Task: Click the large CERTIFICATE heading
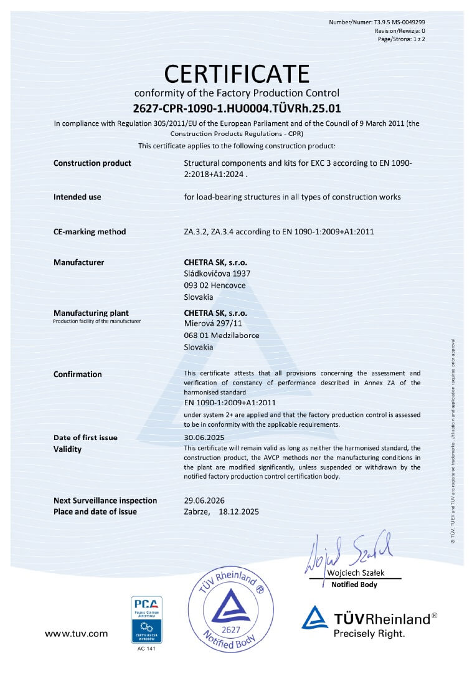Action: pyautogui.click(x=237, y=74)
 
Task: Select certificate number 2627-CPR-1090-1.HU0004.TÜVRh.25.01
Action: pyautogui.click(x=237, y=107)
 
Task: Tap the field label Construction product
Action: pyautogui.click(x=92, y=163)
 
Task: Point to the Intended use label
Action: pyautogui.click(x=77, y=197)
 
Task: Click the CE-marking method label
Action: pyautogui.click(x=90, y=232)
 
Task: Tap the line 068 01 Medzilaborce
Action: pyautogui.click(x=222, y=335)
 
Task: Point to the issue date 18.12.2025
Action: pyautogui.click(x=239, y=512)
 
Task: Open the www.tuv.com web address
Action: pyautogui.click(x=77, y=634)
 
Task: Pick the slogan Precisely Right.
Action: pyautogui.click(x=369, y=634)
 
